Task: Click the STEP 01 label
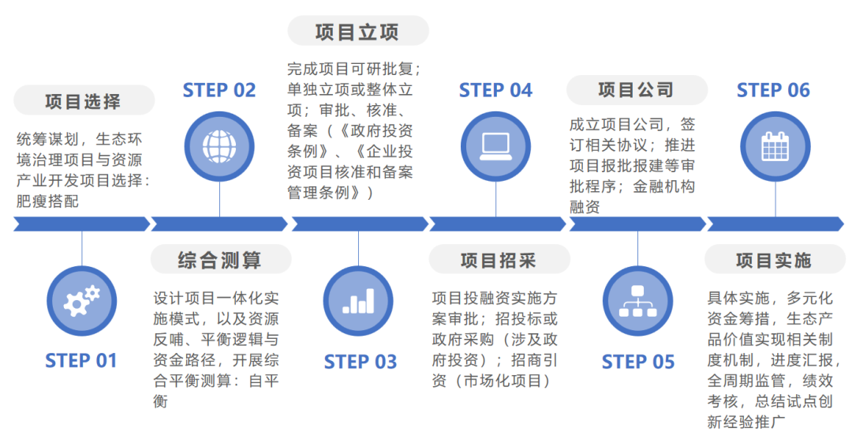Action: coord(81,361)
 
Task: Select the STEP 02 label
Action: coord(219,90)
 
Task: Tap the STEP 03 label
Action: coord(360,362)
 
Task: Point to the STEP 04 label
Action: coord(495,90)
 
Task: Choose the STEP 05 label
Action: coord(638,362)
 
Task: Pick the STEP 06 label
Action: coord(773,90)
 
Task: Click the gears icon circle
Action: coord(81,301)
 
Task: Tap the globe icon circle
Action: coord(219,145)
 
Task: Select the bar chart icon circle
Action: coord(358,301)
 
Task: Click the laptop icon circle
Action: coord(496,145)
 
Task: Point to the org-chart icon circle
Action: coord(637,301)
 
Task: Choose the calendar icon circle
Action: coord(775,145)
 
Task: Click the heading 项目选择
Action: coord(83,101)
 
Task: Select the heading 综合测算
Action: coord(219,259)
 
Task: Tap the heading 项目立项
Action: coord(357,32)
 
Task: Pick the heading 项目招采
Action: coord(498,259)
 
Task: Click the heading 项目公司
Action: coord(636,90)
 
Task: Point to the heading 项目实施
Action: coord(773,259)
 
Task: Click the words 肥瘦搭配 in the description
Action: coord(47,201)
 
